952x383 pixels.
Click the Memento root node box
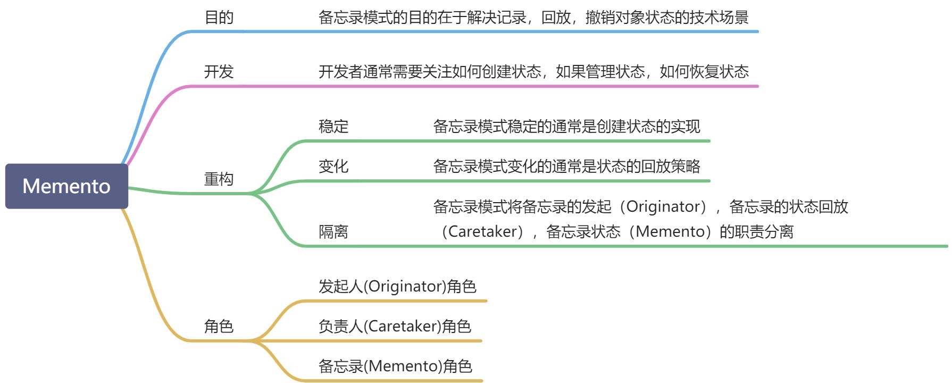pos(66,186)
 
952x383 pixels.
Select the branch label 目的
pos(219,18)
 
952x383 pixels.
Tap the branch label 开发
pos(219,72)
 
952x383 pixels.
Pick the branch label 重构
pos(219,179)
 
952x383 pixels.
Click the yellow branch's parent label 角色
pos(219,326)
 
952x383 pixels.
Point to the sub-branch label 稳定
pos(333,127)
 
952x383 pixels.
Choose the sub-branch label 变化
pos(333,166)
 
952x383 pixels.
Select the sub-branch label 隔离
pos(333,232)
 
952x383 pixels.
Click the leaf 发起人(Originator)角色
pos(397,286)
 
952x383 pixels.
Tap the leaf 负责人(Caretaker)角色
pos(395,326)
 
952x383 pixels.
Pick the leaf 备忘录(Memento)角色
pos(395,366)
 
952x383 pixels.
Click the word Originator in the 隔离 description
pos(663,206)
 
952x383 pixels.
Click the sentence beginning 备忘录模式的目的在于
pos(533,18)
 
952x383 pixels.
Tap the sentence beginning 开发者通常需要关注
pos(533,72)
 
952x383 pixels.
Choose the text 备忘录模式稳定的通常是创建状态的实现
pos(567,127)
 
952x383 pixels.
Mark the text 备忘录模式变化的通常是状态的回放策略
pos(567,166)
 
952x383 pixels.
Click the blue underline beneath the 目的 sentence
pos(479,32)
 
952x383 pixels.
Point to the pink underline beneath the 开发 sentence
pos(479,86)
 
